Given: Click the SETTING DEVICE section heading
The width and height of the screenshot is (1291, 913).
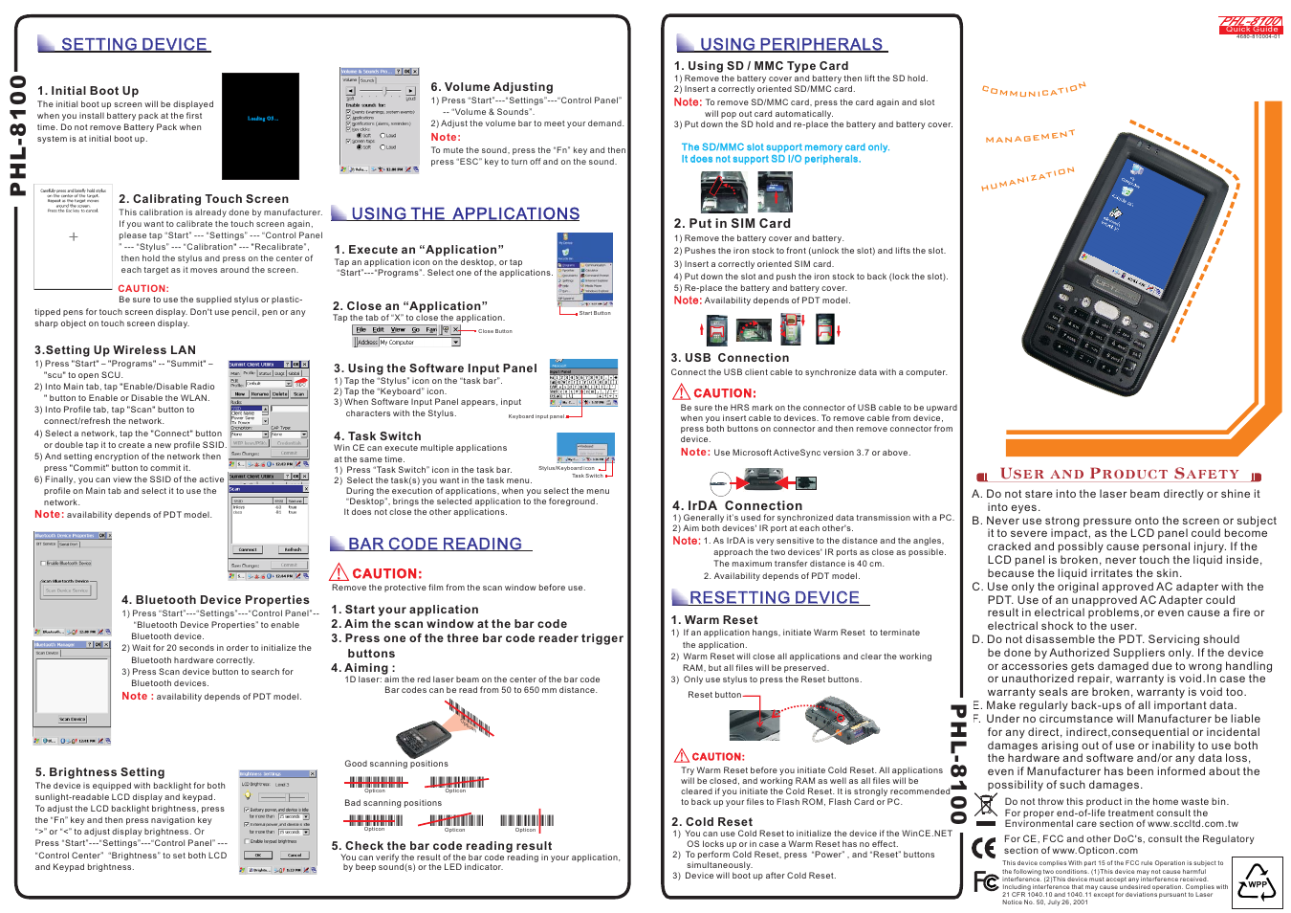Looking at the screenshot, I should (x=133, y=44).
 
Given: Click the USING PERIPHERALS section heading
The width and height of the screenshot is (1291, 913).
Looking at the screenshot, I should (x=790, y=44).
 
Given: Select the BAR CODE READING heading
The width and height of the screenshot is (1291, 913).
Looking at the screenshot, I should (x=434, y=544).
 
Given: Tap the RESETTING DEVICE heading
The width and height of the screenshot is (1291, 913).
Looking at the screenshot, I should (x=774, y=597).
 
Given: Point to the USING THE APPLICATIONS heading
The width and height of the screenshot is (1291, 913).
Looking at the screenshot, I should (x=465, y=213).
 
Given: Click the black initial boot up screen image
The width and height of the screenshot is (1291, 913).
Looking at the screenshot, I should (x=260, y=113).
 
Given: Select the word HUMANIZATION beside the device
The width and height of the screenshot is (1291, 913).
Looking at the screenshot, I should (x=1027, y=179).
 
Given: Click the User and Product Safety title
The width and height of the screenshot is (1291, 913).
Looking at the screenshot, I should (x=1119, y=474).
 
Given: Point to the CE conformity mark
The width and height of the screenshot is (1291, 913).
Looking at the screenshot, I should (x=984, y=848).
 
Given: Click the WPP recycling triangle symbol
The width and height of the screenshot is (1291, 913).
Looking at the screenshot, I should (x=1257, y=882).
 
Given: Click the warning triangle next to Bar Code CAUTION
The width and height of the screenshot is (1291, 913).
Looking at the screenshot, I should (x=339, y=572).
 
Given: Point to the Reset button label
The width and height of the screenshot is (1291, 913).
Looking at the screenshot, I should (x=713, y=695).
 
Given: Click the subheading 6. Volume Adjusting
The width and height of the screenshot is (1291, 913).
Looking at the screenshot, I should (x=492, y=86).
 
